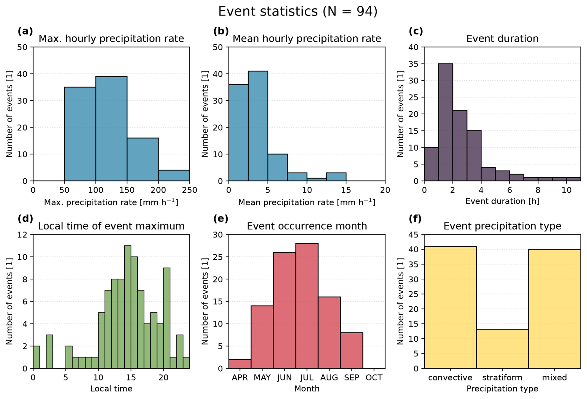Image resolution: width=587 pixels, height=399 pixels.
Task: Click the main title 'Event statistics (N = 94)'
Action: [298, 12]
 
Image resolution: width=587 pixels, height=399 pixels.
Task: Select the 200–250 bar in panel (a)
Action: [174, 175]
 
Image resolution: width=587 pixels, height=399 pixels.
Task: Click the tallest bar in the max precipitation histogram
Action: [111, 129]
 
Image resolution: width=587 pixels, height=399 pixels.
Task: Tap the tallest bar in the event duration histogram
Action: [446, 122]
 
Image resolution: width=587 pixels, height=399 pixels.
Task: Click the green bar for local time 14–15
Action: [128, 307]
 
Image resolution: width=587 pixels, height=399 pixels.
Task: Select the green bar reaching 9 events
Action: [167, 318]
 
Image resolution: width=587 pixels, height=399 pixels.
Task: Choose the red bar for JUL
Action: [307, 306]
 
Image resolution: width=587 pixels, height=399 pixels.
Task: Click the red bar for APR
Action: [240, 364]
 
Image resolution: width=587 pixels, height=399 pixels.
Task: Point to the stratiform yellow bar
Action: [502, 349]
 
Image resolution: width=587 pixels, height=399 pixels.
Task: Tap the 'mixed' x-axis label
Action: [554, 378]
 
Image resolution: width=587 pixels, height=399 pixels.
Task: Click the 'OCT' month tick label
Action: [374, 378]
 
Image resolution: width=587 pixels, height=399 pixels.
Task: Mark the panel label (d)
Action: [25, 219]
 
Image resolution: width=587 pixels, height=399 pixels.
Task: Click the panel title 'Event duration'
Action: [502, 39]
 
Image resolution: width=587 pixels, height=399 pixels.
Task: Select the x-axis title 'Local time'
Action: [111, 389]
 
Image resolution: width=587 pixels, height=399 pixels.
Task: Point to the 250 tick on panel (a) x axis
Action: [190, 190]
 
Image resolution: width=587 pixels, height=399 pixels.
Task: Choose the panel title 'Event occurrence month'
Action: [307, 226]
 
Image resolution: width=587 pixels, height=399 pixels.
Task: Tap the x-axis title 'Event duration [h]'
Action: [502, 201]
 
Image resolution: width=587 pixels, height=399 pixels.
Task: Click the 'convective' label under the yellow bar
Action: [450, 378]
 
